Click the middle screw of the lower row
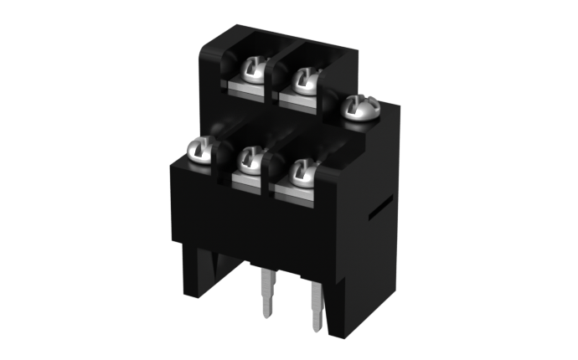coord(250,160)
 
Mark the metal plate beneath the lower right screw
coord(293,191)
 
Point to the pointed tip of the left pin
coord(267,316)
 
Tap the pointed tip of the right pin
coord(317,330)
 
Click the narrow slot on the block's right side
coord(380,208)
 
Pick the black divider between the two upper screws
coord(273,80)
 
